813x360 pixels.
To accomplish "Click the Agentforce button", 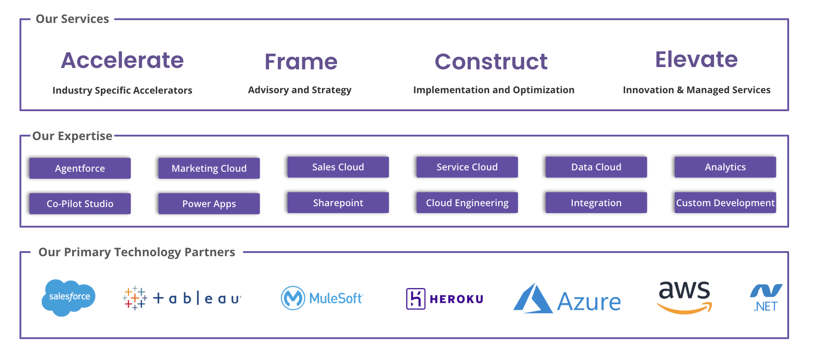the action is [80, 168].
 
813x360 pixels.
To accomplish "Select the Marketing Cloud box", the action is [209, 168].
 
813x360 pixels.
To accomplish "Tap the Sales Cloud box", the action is [338, 167].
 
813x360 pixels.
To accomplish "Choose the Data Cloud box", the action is [596, 167].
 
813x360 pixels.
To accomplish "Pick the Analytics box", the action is [725, 167].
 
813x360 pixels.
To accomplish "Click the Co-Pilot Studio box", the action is [80, 203].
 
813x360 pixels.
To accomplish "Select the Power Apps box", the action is [209, 203].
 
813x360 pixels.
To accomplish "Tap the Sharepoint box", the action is [338, 202].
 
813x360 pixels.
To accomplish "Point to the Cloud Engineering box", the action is [467, 202].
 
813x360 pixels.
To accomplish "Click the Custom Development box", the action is [725, 202].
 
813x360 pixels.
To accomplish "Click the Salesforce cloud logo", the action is [69, 298].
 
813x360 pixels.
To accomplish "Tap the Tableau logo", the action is [182, 298].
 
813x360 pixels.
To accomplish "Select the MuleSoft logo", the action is [322, 298].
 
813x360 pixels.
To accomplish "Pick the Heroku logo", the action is [445, 299].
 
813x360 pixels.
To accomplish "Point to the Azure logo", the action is [567, 299].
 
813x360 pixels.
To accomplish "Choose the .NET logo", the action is [766, 298].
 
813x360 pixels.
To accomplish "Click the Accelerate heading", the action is [122, 60].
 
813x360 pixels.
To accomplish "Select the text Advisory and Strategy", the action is [299, 90].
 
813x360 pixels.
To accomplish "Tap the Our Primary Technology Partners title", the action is [136, 252].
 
